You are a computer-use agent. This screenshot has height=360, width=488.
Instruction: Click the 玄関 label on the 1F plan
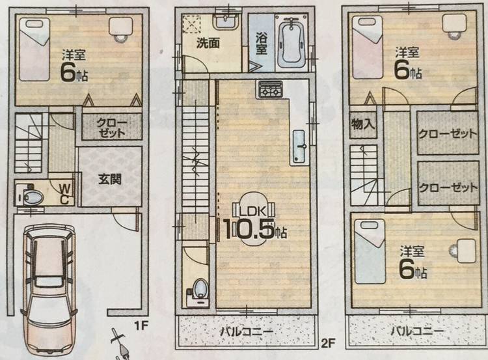tap(109, 180)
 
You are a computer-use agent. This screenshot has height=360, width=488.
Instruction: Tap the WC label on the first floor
tap(64, 194)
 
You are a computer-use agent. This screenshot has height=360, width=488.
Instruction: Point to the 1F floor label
tap(141, 326)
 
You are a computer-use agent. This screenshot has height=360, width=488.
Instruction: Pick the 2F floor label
tap(328, 344)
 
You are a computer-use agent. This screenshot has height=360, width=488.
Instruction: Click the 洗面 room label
tap(208, 43)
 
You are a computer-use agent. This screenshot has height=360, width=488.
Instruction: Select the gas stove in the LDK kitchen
tap(269, 90)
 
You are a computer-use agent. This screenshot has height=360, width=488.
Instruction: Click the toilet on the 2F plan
tap(198, 290)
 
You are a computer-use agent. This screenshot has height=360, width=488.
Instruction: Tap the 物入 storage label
tap(362, 124)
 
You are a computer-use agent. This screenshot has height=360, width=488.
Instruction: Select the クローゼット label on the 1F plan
tap(111, 128)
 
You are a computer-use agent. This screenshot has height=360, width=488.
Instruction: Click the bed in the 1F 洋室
tap(35, 49)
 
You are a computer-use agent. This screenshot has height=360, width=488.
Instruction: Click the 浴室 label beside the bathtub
tap(262, 44)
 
